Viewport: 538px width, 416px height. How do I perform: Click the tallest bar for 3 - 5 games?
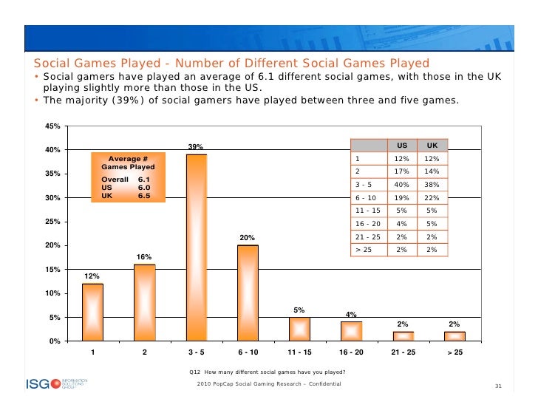click(196, 248)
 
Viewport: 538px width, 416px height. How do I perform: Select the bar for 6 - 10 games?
click(248, 293)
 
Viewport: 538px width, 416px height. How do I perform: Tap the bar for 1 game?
click(92, 312)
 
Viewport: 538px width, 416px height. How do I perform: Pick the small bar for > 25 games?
click(454, 336)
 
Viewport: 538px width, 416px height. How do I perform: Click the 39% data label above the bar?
click(196, 148)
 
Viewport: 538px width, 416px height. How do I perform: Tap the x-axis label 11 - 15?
click(299, 352)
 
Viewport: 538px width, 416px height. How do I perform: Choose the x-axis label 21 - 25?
click(403, 352)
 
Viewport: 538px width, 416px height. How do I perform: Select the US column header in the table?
click(401, 146)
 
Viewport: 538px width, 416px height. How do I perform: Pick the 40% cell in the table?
click(401, 184)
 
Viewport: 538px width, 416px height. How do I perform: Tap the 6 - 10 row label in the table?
click(365, 197)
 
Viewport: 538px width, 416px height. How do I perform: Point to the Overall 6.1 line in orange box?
click(126, 180)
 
